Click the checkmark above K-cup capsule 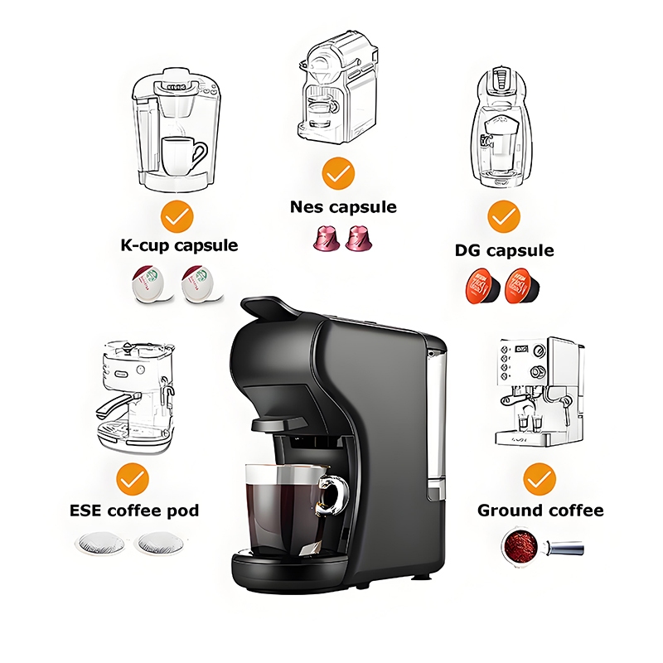pos(177,216)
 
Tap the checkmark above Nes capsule pos(338,173)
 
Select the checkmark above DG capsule pos(504,216)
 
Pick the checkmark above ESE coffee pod pos(133,479)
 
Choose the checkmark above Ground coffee pos(540,479)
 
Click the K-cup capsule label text pos(179,245)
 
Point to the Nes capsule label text pos(343,207)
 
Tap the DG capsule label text pos(504,250)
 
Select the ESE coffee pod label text pos(134,511)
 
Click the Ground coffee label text pos(540,511)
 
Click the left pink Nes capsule pos(327,238)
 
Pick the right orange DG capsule pos(523,286)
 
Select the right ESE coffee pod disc pos(159,543)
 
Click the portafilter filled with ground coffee pos(542,545)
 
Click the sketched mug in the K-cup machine pos(183,156)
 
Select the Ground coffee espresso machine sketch pos(540,391)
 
